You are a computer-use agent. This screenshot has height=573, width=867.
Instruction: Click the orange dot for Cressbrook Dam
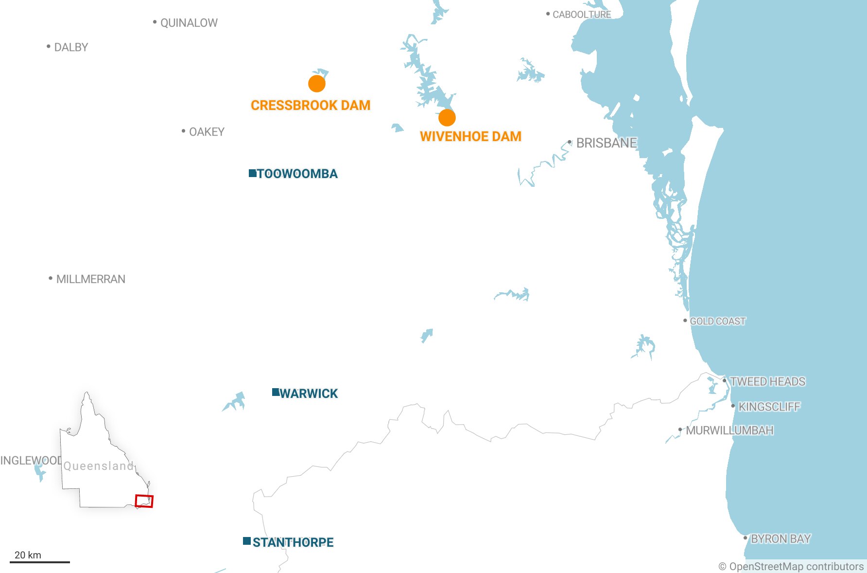[317, 84]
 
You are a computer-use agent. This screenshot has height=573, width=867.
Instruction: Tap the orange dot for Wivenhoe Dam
[447, 117]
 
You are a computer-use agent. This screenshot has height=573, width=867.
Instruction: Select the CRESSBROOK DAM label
[311, 105]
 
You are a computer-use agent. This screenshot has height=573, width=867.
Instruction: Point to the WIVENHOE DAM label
[470, 136]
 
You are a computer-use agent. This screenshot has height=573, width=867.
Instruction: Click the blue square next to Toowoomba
[252, 173]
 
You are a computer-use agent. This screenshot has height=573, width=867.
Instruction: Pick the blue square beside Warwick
[276, 392]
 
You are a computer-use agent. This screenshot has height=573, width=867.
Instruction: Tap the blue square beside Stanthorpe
[247, 541]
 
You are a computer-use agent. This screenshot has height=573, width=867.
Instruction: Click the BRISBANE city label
[606, 143]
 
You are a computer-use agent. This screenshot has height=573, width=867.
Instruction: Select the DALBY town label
[71, 47]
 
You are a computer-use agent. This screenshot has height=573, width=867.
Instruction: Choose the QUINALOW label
[189, 23]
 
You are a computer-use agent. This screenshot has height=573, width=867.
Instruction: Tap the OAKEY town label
[207, 132]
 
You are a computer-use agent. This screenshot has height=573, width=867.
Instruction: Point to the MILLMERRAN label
[90, 279]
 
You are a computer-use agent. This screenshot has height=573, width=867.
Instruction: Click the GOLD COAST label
[717, 321]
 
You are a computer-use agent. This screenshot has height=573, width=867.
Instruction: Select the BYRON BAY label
[780, 539]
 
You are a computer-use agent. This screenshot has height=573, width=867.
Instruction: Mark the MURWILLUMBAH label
[729, 430]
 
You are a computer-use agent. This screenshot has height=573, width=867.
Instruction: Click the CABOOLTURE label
[582, 15]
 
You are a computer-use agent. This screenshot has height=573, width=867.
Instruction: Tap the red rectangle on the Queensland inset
[144, 501]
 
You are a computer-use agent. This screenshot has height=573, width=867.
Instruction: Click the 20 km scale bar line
[40, 562]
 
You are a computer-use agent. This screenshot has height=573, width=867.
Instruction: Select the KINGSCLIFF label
[769, 407]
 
